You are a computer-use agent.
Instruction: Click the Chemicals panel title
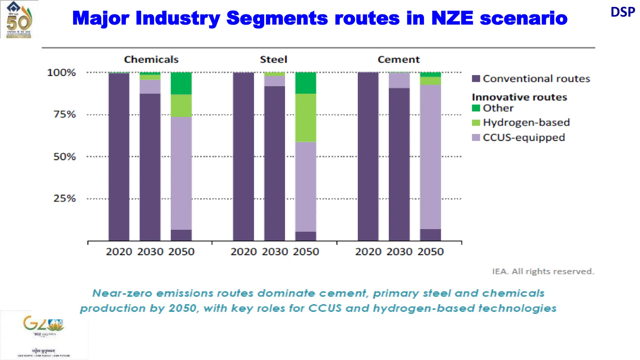pyautogui.click(x=151, y=59)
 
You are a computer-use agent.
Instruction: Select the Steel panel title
pyautogui.click(x=273, y=59)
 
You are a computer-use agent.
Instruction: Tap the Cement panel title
pyautogui.click(x=398, y=59)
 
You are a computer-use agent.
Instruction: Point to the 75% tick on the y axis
pyautogui.click(x=65, y=114)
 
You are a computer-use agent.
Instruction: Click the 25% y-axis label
pyautogui.click(x=65, y=198)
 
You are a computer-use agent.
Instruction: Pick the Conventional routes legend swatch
pyautogui.click(x=476, y=78)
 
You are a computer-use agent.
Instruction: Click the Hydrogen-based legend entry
pyautogui.click(x=526, y=122)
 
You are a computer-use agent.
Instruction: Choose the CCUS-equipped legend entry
pyautogui.click(x=524, y=137)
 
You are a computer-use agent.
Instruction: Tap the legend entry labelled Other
pyautogui.click(x=498, y=108)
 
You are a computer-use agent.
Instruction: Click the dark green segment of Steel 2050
pyautogui.click(x=306, y=83)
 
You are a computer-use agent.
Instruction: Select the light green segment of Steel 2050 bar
pyautogui.click(x=306, y=117)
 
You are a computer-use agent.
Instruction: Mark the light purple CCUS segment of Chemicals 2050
pyautogui.click(x=181, y=173)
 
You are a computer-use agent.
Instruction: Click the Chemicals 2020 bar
pyautogui.click(x=119, y=156)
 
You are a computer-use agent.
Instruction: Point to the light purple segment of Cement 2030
pyautogui.click(x=399, y=80)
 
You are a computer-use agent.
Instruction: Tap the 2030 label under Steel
pyautogui.click(x=275, y=252)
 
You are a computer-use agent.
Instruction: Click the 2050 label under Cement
pyautogui.click(x=430, y=252)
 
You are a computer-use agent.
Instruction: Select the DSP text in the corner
pyautogui.click(x=622, y=12)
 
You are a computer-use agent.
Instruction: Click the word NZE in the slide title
pyautogui.click(x=452, y=18)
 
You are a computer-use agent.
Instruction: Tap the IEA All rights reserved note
pyautogui.click(x=543, y=271)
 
